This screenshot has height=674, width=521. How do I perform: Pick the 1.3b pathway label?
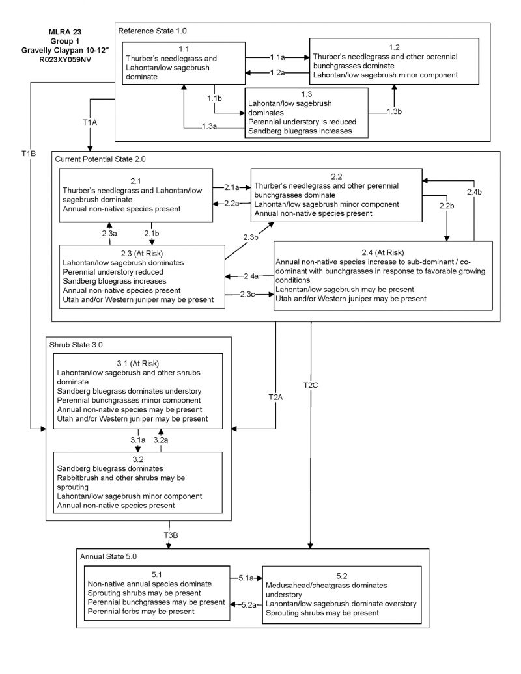393,112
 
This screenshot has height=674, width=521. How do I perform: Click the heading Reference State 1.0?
152,31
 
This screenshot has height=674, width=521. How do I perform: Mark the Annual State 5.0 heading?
109,557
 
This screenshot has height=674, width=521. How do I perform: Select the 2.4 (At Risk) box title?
383,252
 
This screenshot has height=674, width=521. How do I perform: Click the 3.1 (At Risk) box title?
137,363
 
